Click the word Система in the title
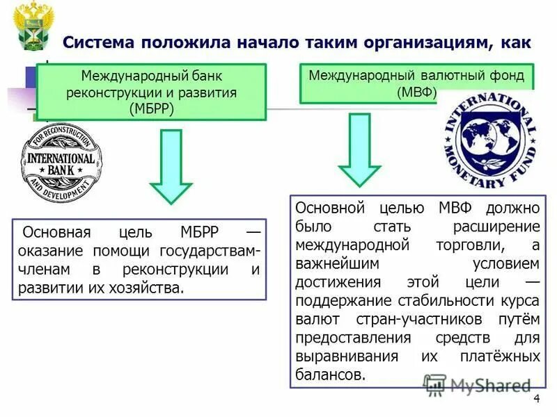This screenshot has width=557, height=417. coord(100,42)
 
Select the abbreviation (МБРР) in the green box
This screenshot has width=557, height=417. coord(152,108)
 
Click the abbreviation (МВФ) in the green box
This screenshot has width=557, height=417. coord(417,92)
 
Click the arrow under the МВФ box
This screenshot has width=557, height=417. coord(359,149)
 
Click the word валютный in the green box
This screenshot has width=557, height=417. coord(446,75)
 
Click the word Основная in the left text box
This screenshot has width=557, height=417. coord(49,232)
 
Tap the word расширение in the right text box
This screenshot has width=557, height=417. coord(496,227)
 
